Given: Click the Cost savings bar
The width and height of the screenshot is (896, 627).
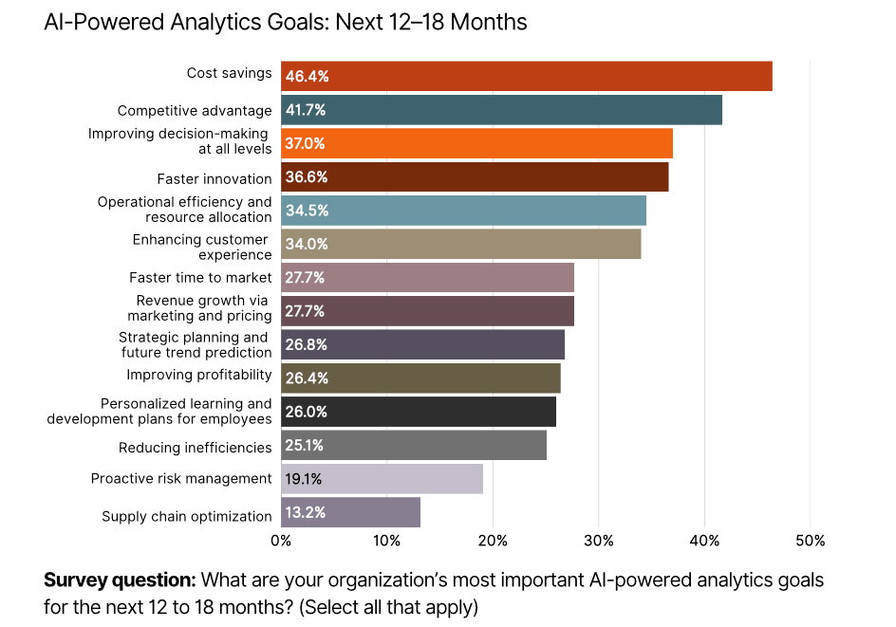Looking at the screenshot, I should click(526, 76).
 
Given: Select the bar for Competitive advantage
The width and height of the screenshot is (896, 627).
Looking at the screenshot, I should click(501, 110).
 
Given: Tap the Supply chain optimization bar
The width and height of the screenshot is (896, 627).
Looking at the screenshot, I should click(350, 512).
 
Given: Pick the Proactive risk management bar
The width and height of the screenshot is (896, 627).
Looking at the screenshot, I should click(382, 479).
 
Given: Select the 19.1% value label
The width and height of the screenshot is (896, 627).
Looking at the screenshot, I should click(306, 479).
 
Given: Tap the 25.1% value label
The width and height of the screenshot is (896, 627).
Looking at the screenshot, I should click(306, 446).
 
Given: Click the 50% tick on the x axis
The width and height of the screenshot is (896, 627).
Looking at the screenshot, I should click(810, 541).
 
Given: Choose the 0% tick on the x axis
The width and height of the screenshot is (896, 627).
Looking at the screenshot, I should click(281, 541).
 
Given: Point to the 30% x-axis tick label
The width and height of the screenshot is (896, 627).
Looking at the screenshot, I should click(598, 541).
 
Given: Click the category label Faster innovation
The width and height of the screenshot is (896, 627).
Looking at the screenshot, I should click(215, 178).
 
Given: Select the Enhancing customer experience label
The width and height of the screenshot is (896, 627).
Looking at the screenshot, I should click(202, 247).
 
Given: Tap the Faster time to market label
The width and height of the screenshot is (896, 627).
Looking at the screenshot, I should click(200, 278).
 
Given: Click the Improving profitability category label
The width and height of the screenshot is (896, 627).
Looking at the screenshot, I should click(199, 375).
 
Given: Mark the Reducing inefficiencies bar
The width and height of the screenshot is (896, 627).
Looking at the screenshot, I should click(413, 446).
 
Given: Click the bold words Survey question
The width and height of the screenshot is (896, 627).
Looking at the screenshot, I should click(120, 580).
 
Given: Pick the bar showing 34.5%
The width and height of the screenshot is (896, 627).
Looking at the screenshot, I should click(463, 211).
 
